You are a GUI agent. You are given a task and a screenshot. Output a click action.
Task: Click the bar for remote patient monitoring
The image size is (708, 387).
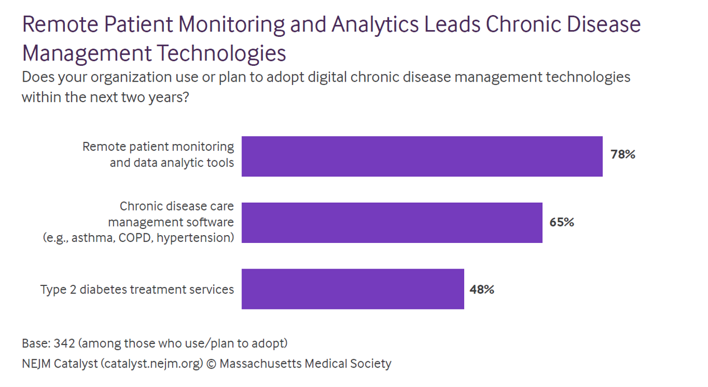pyautogui.click(x=422, y=156)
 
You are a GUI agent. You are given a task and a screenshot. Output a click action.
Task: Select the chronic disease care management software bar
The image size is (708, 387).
pyautogui.click(x=391, y=222)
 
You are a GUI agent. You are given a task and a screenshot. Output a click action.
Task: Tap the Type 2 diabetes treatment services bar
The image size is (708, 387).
pyautogui.click(x=352, y=289)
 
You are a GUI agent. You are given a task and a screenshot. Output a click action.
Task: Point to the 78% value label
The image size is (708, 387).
pyautogui.click(x=623, y=155)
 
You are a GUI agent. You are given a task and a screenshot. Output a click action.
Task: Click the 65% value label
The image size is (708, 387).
pyautogui.click(x=561, y=222)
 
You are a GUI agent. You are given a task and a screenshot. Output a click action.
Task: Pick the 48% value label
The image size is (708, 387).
pyautogui.click(x=482, y=289)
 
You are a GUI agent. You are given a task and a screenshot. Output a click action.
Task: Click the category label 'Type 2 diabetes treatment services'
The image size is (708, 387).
pyautogui.click(x=137, y=289)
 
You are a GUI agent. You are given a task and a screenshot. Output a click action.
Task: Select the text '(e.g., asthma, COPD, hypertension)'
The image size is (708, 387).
pyautogui.click(x=138, y=238)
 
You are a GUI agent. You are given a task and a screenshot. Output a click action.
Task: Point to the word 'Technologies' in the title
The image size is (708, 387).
pyautogui.click(x=220, y=54)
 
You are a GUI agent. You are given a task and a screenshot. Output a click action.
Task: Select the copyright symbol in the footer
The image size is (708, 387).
pyautogui.click(x=211, y=364)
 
